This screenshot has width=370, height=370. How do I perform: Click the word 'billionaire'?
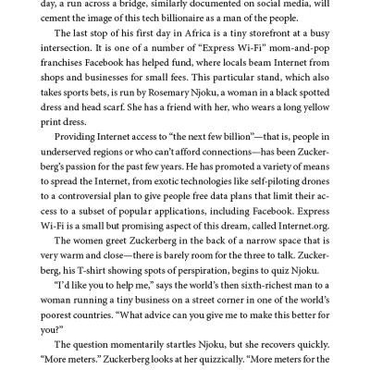[218, 22]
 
